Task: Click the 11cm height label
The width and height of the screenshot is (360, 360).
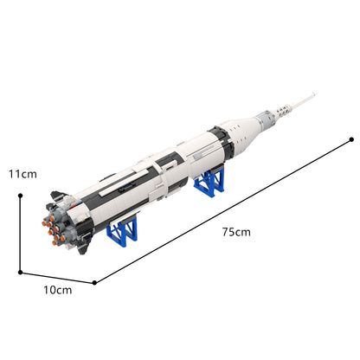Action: pos(22,174)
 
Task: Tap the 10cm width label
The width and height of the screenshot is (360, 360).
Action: pos(58,290)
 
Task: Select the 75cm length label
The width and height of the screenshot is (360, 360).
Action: pos(236,232)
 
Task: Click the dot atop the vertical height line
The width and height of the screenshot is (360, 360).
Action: pos(20,196)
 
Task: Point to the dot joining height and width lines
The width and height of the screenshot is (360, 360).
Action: pos(20,273)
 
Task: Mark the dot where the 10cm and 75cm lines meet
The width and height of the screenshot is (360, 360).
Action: pos(94,283)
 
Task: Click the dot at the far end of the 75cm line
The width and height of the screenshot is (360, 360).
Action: pos(351,139)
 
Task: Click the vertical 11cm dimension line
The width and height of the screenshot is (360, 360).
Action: pos(20,234)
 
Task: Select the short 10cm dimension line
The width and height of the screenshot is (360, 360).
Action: pos(57,278)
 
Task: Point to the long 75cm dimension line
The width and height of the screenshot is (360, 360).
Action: pos(223,211)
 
